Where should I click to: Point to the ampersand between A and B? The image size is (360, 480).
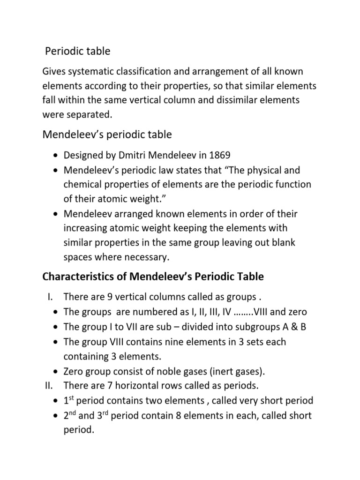pos(293,327)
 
